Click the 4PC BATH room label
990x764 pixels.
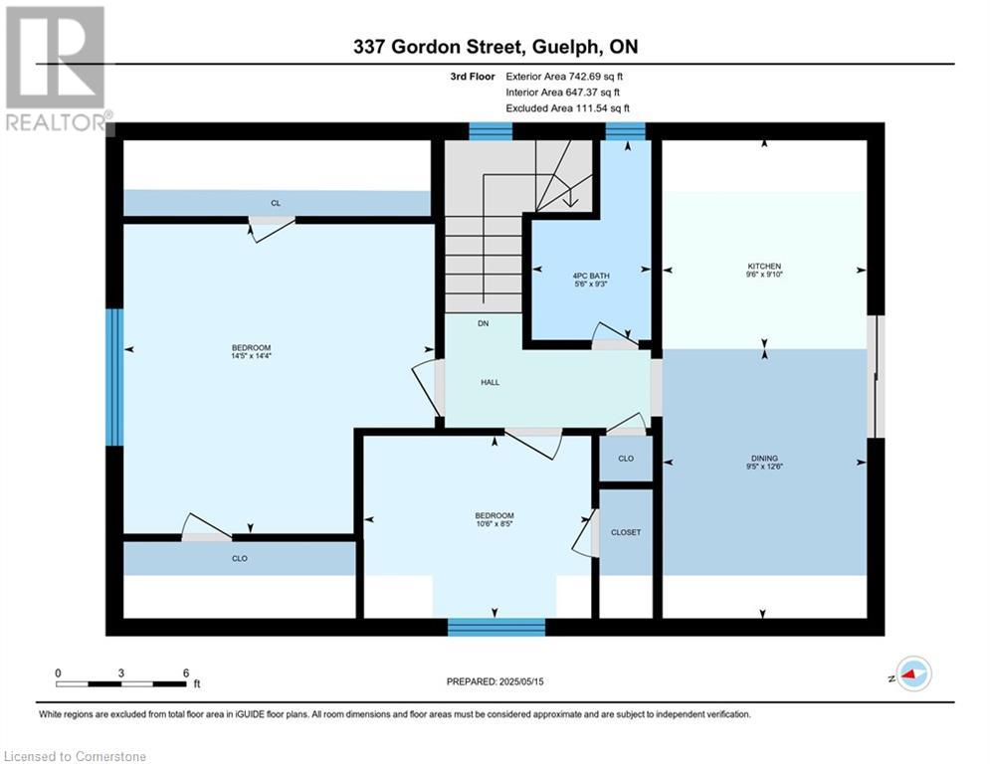[591, 276]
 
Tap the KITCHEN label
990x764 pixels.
[764, 267]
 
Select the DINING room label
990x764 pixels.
[764, 459]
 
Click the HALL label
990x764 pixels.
[490, 382]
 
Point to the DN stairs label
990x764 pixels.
[483, 323]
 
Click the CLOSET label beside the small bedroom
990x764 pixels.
[626, 532]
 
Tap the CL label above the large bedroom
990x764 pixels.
[276, 203]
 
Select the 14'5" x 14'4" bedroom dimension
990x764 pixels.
[252, 356]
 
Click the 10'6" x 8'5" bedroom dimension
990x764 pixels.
[495, 523]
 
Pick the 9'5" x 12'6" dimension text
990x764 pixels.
[764, 467]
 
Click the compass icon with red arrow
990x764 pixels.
[914, 674]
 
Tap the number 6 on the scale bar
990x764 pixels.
[186, 673]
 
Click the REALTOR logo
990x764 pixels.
[56, 69]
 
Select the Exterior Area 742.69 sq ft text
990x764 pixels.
[564, 77]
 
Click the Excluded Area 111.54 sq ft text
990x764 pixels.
[567, 108]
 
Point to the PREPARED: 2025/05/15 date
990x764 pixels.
[495, 681]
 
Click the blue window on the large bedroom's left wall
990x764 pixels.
[114, 377]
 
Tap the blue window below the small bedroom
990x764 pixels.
[496, 627]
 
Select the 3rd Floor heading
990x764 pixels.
[473, 77]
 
